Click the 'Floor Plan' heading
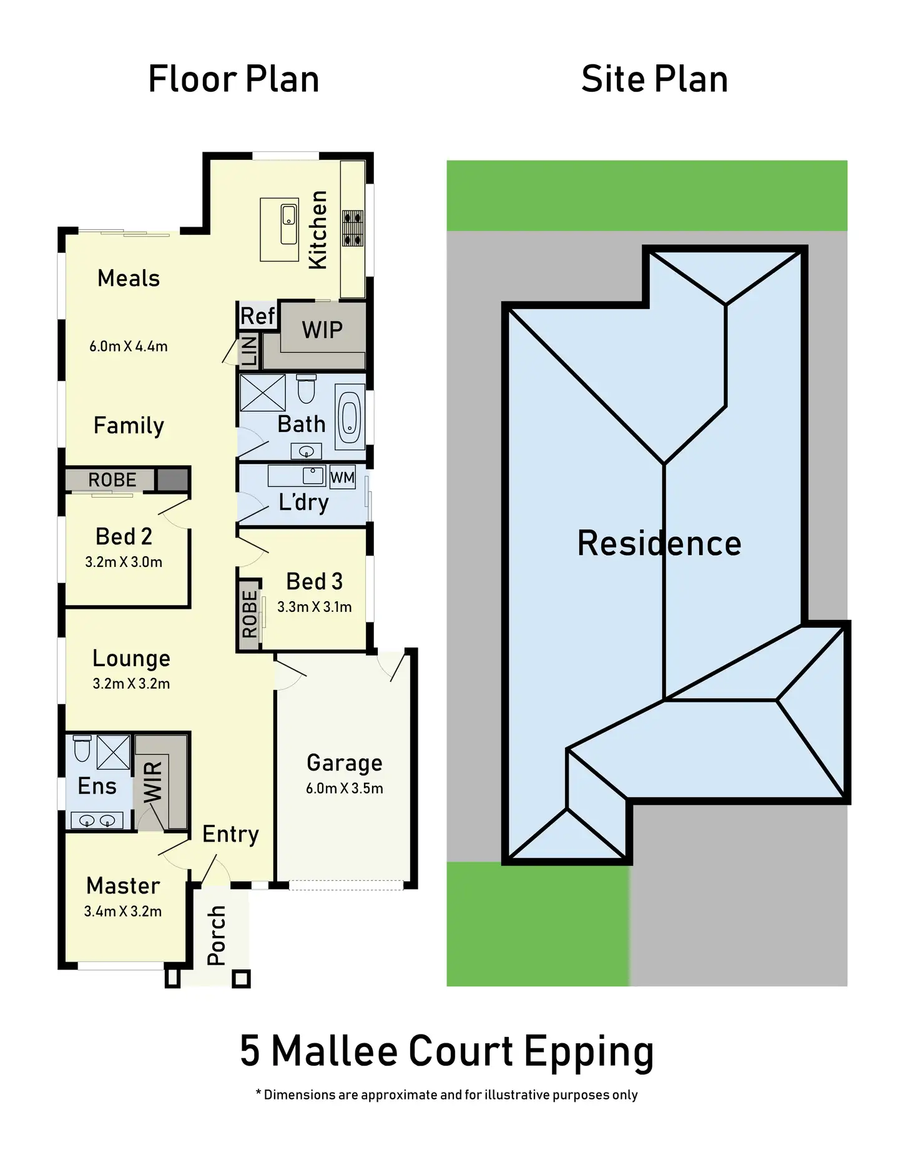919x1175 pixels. coord(233,79)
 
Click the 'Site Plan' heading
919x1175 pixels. coord(654,79)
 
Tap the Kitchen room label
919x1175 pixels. coord(318,230)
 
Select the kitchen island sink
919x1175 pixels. coord(288,224)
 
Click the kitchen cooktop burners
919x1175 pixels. coord(353,229)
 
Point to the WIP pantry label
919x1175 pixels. coord(322,330)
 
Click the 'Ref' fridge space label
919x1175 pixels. coord(257,316)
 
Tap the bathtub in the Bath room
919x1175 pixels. coord(350,417)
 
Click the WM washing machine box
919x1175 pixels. coord(342,478)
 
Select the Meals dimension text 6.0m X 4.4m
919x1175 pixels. coord(129,347)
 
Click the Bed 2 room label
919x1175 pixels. coord(124,536)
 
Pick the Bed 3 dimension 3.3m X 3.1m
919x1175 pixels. coord(314,607)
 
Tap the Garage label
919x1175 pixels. coord(345,763)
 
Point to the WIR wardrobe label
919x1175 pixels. coord(153,782)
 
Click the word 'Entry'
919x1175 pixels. coord(230,834)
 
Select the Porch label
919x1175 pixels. coord(217,935)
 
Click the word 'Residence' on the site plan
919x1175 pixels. coord(659,543)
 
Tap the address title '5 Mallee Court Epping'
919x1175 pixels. coord(447,1051)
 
